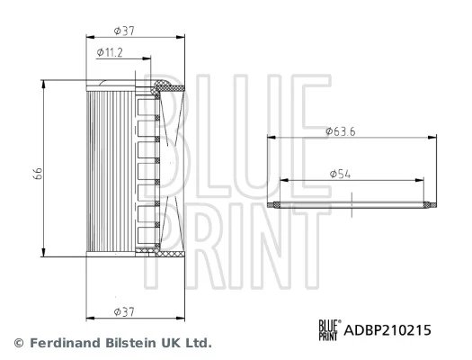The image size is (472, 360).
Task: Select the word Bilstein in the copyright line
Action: click(x=116, y=343)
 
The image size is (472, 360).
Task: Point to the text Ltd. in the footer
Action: click(x=197, y=343)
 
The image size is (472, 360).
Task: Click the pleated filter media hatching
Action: click(x=108, y=171)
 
